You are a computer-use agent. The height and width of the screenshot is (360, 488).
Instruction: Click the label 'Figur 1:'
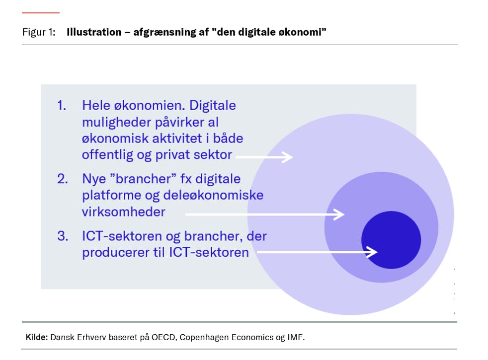pyautogui.click(x=39, y=32)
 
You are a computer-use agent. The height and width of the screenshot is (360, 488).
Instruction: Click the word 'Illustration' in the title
pyautogui.click(x=94, y=32)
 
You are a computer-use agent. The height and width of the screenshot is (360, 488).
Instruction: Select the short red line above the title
pyautogui.click(x=40, y=13)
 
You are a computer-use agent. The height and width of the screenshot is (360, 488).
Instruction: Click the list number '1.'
pyautogui.click(x=62, y=105)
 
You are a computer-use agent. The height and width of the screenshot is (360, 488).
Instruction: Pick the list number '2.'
pyautogui.click(x=63, y=179)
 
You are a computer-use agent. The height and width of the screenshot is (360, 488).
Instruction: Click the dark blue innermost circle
pyautogui.click(x=391, y=240)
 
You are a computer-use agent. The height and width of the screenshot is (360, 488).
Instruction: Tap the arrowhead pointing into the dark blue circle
pyautogui.click(x=372, y=252)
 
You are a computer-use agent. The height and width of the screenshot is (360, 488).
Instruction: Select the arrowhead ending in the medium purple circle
pyautogui.click(x=339, y=215)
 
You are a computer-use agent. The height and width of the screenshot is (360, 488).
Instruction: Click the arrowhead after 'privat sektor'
pyautogui.click(x=287, y=157)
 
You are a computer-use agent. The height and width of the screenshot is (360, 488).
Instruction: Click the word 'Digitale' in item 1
pyautogui.click(x=213, y=105)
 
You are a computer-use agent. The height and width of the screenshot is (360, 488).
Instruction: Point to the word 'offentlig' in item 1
pyautogui.click(x=108, y=155)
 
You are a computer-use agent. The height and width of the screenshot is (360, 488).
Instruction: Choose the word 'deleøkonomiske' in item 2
pyautogui.click(x=213, y=195)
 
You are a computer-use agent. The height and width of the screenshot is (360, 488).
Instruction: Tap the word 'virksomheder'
pyautogui.click(x=124, y=212)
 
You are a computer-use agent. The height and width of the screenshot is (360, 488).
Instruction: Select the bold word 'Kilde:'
pyautogui.click(x=37, y=337)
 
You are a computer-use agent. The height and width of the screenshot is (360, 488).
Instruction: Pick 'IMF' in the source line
pyautogui.click(x=296, y=337)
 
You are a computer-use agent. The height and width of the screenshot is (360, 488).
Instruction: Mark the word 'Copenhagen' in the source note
pyautogui.click(x=204, y=338)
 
